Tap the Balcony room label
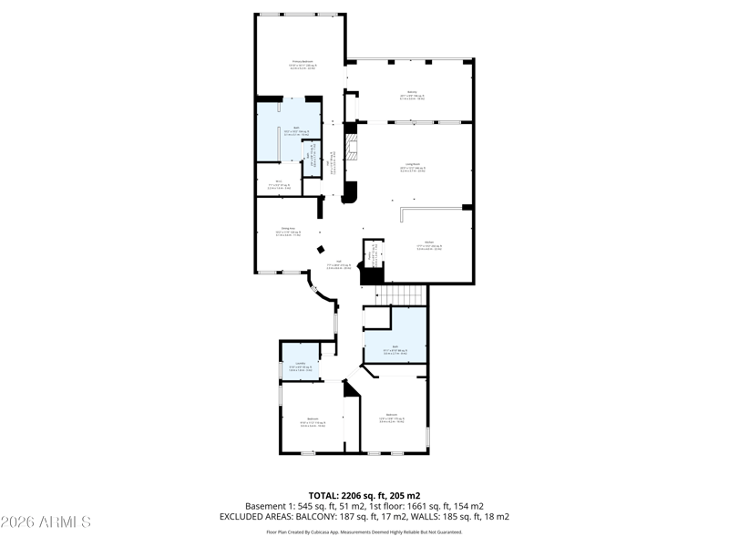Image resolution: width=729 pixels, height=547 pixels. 411,92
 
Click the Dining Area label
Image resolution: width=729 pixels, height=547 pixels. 286,229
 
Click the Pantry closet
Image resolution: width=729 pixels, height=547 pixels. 372,254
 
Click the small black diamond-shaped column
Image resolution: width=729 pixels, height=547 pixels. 320,250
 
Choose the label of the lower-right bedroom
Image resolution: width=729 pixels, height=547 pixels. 391,416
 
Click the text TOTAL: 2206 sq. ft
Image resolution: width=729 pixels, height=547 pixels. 364,495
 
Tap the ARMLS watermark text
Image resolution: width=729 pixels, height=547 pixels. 46,522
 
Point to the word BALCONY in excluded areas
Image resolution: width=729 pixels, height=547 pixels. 317,516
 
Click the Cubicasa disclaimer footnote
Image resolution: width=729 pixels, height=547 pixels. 364,532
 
